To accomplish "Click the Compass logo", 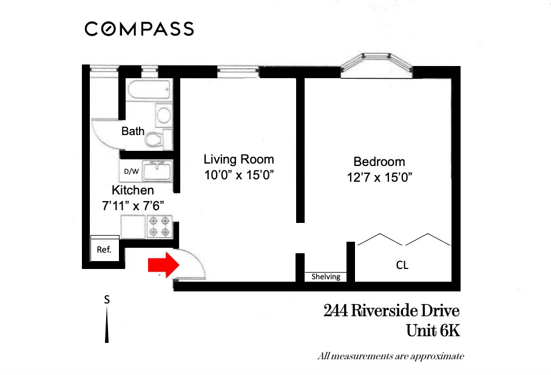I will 139,28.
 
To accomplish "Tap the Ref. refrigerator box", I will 104,249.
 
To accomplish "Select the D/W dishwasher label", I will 131,171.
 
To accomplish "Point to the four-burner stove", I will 160,227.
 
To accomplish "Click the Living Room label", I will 238,160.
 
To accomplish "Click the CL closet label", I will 402,265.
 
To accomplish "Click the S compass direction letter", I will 107,299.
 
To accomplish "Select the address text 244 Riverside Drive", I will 391,311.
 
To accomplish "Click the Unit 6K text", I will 433,331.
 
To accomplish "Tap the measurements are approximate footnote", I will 391,356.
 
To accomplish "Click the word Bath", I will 133,131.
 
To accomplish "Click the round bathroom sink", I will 163,114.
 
